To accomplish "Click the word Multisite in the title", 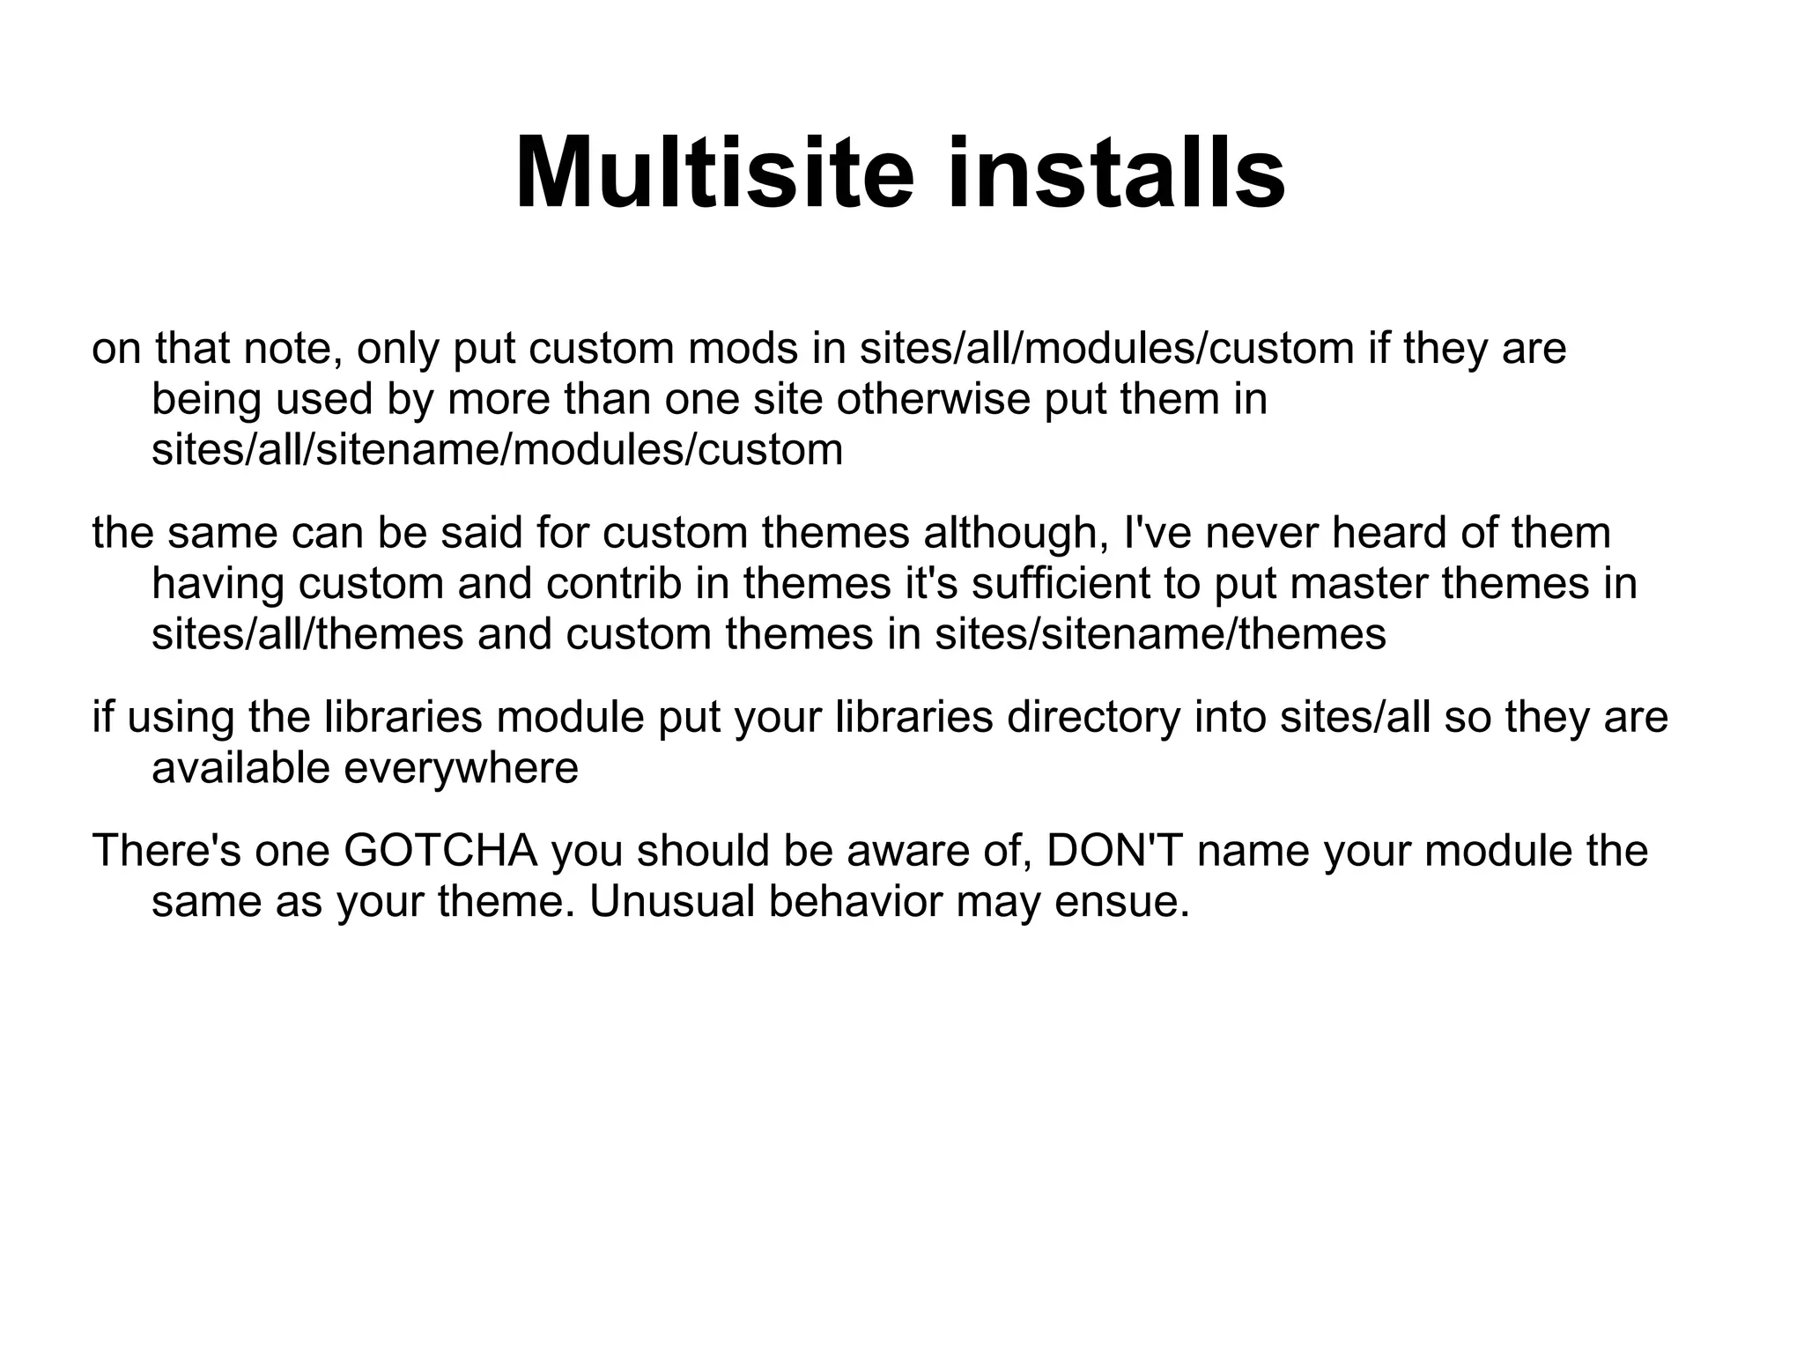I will click(715, 174).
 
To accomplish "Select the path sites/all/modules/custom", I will click(1106, 349).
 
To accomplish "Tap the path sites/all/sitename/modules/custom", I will click(497, 450).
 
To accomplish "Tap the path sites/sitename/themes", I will click(1160, 635).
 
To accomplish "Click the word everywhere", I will click(460, 769).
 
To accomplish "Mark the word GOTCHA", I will click(440, 851).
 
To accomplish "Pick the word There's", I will click(166, 851).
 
